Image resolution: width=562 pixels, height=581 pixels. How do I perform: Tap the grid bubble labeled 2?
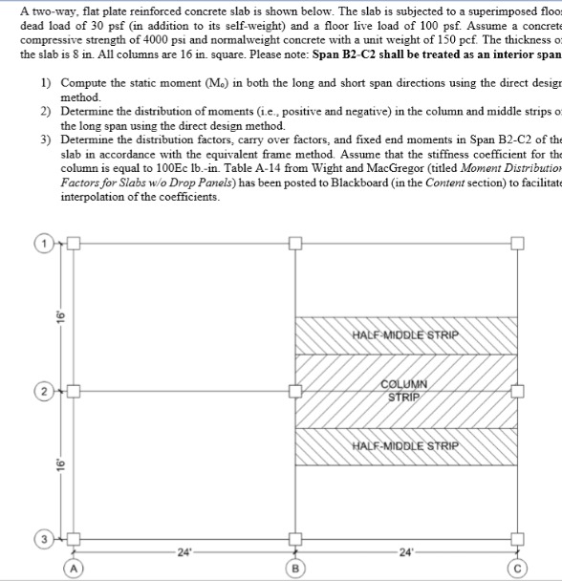point(44,392)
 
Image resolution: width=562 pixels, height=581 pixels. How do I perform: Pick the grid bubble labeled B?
point(295,570)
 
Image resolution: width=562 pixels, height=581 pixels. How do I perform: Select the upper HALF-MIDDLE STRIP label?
point(405,334)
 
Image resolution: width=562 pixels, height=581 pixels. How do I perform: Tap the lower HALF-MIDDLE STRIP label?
point(405,445)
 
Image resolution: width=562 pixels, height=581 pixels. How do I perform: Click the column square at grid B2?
point(295,392)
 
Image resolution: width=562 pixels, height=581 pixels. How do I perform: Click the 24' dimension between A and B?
point(184,551)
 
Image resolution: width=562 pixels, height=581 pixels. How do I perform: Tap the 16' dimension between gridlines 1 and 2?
point(58,315)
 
